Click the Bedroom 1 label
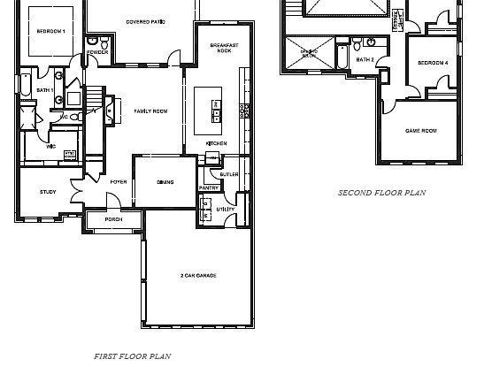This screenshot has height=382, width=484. click(x=50, y=31)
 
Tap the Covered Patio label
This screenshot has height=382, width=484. click(x=146, y=20)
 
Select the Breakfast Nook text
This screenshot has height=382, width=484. click(x=223, y=48)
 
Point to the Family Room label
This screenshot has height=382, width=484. click(x=150, y=111)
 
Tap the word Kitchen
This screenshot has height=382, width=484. click(x=217, y=143)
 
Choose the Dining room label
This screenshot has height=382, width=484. click(x=165, y=182)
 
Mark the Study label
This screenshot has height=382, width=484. click(x=48, y=192)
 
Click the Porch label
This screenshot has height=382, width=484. click(x=113, y=219)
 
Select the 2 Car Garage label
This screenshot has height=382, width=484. click(x=198, y=276)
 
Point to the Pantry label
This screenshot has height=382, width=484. click(x=209, y=187)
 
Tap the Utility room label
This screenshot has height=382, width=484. click(x=226, y=209)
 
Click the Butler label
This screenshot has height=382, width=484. click(x=229, y=175)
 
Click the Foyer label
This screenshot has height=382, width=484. click(x=118, y=182)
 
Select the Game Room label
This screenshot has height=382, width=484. click(x=421, y=131)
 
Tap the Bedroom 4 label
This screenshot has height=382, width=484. click(x=433, y=63)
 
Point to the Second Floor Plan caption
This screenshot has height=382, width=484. click(x=382, y=192)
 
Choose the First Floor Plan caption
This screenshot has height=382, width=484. click(x=133, y=356)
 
